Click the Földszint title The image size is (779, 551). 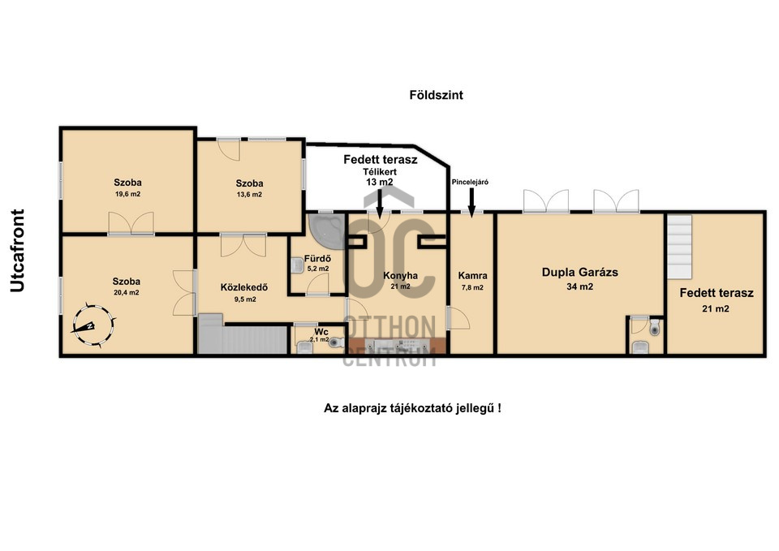[436, 95]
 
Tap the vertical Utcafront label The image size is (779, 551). [17, 251]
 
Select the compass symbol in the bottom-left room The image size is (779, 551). [93, 325]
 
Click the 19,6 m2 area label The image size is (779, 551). [127, 194]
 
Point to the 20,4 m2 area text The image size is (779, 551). [127, 293]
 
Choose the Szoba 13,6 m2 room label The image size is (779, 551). [249, 188]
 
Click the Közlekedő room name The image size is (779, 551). [244, 287]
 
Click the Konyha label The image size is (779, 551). [400, 276]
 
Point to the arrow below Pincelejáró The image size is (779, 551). [471, 202]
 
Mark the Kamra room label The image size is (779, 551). [472, 276]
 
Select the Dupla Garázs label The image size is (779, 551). [579, 273]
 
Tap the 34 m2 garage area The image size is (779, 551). [579, 286]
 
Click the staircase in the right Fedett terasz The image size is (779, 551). [679, 247]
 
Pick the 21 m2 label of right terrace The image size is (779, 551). [716, 308]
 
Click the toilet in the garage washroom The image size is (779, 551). [656, 326]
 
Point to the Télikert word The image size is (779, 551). [380, 172]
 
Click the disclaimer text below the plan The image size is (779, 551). [412, 408]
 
